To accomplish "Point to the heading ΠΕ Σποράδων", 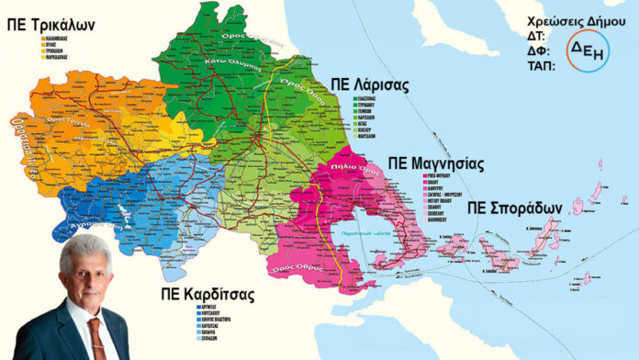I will pyautogui.click(x=513, y=208).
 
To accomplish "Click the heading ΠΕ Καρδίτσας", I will pyautogui.click(x=218, y=296).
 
